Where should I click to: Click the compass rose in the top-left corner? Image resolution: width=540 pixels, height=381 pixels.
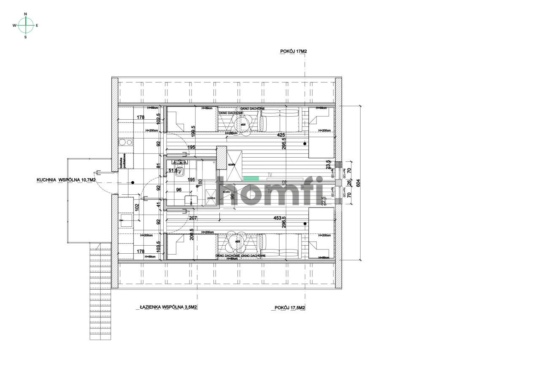pos(25,25)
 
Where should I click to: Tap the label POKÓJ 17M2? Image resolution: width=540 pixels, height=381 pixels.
pos(293,51)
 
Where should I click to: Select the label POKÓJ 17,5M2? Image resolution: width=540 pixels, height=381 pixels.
pos(289,308)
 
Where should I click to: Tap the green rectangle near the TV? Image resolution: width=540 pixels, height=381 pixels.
pos(250,179)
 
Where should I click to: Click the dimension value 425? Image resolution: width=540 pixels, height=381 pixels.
pos(281,135)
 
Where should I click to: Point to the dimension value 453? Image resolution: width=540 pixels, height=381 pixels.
pos(277,218)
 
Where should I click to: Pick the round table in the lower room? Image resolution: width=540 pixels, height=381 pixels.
pos(238,242)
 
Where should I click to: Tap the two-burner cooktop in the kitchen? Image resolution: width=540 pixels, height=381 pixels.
pos(126,142)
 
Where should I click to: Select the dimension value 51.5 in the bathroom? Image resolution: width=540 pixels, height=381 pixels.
pos(173,171)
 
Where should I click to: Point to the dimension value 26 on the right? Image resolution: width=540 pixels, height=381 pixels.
pos(348,183)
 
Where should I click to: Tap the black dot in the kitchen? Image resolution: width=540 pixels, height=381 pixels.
pos(132,182)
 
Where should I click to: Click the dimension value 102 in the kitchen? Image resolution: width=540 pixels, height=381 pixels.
pos(136,207)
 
